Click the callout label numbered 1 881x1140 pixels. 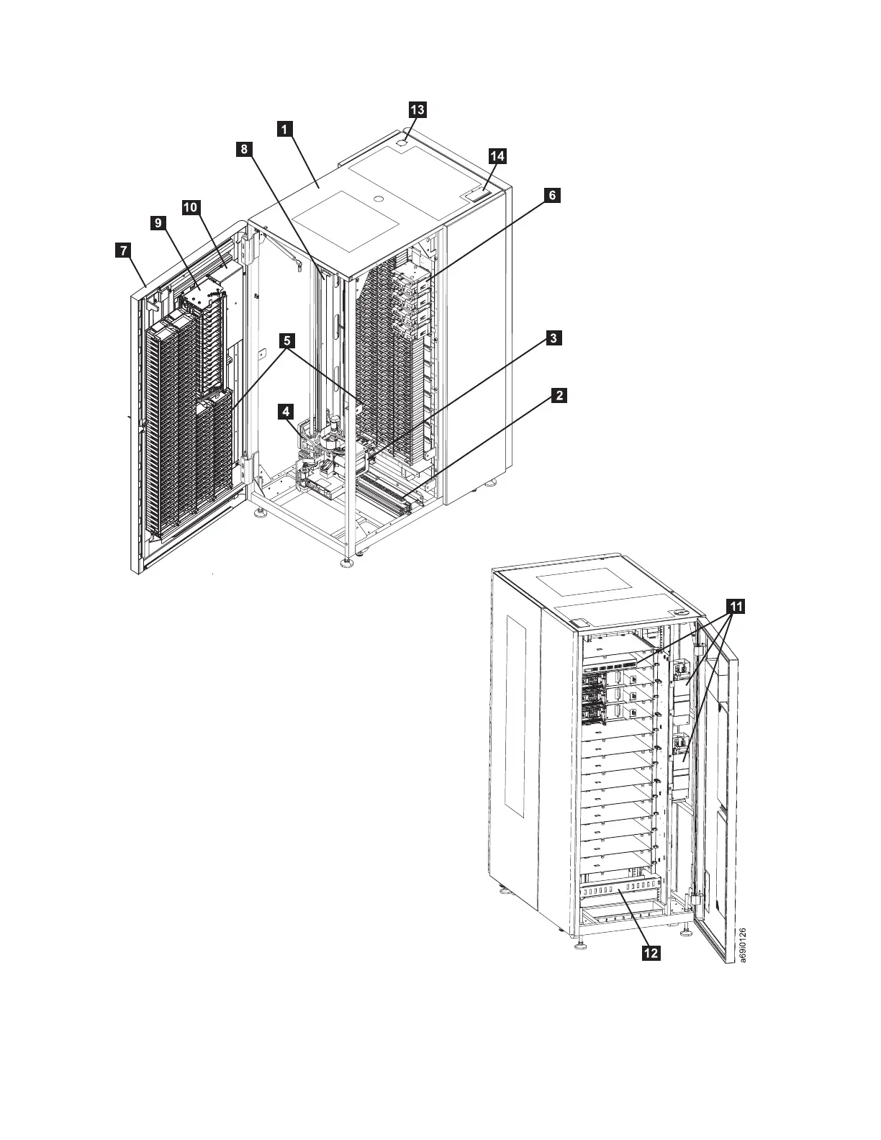pyautogui.click(x=285, y=129)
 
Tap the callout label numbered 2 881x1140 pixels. pyautogui.click(x=558, y=395)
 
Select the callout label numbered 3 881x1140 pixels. pyautogui.click(x=552, y=338)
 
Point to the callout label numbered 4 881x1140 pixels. pyautogui.click(x=286, y=411)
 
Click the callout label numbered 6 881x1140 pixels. pyautogui.click(x=551, y=195)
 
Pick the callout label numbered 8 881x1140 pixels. pyautogui.click(x=245, y=149)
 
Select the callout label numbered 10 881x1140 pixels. pyautogui.click(x=190, y=207)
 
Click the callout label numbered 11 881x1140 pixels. pyautogui.click(x=735, y=607)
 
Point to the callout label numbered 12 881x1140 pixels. pyautogui.click(x=651, y=953)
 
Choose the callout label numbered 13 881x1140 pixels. pyautogui.click(x=417, y=109)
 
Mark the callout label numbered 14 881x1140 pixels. pyautogui.click(x=497, y=155)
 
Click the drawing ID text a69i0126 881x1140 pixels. pyautogui.click(x=743, y=944)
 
